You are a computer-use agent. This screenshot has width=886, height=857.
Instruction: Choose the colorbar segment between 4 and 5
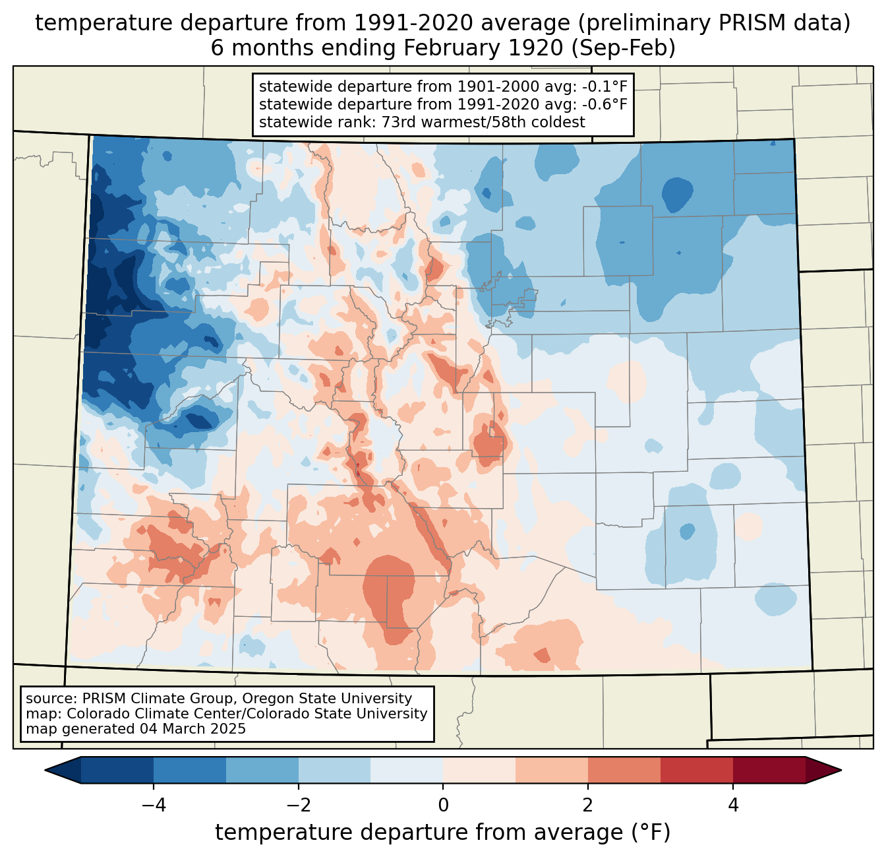coord(769,770)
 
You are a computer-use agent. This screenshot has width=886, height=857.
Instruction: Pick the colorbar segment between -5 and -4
coord(117,770)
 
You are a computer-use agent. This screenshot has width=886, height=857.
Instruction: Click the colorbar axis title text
coord(443,833)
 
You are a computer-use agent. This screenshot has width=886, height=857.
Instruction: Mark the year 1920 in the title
coord(540,48)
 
